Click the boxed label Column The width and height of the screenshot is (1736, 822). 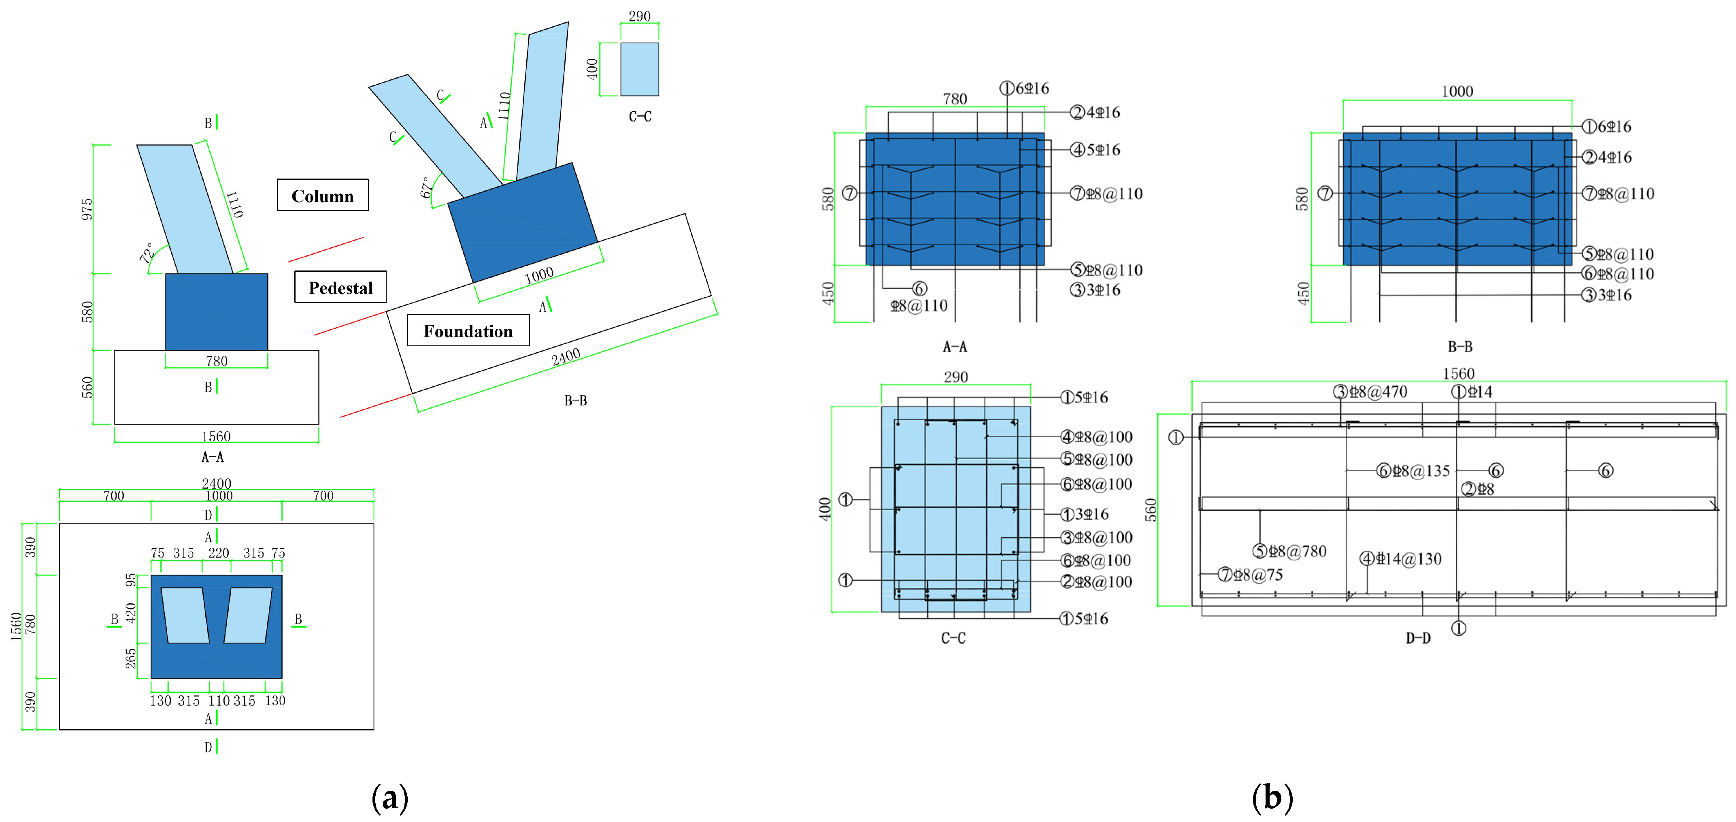click(322, 196)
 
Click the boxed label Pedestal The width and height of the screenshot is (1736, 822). click(340, 287)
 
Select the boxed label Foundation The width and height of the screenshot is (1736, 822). click(468, 331)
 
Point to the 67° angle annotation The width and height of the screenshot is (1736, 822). click(427, 187)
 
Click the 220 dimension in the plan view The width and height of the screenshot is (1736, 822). click(218, 553)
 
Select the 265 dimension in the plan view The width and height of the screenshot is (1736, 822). click(131, 658)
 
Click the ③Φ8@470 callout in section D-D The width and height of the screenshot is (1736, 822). click(1371, 392)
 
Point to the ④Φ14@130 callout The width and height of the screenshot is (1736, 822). click(1401, 558)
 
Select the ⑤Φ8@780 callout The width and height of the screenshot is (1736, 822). click(1290, 551)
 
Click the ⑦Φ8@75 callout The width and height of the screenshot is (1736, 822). click(1250, 575)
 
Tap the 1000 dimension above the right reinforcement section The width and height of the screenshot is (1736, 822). click(1457, 92)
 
